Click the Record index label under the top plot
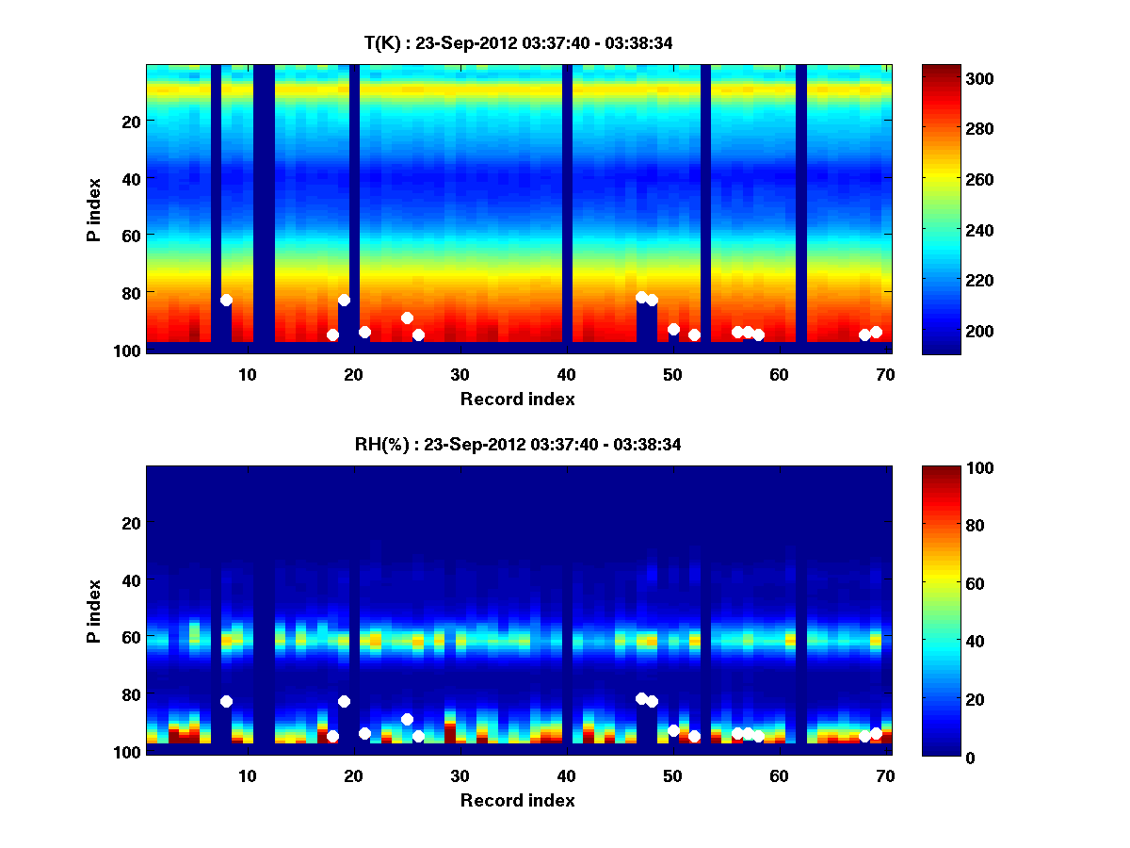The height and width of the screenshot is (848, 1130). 517,399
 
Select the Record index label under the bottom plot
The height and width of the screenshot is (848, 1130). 517,800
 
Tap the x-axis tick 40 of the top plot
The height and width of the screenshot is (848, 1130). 566,374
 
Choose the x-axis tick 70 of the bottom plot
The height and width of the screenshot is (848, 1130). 885,775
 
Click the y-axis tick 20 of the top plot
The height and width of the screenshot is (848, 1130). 130,122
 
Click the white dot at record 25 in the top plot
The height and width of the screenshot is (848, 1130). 407,318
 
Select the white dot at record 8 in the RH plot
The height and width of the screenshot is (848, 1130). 226,701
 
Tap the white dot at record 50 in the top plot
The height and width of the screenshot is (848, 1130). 673,329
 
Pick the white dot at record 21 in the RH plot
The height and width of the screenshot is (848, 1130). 364,733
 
